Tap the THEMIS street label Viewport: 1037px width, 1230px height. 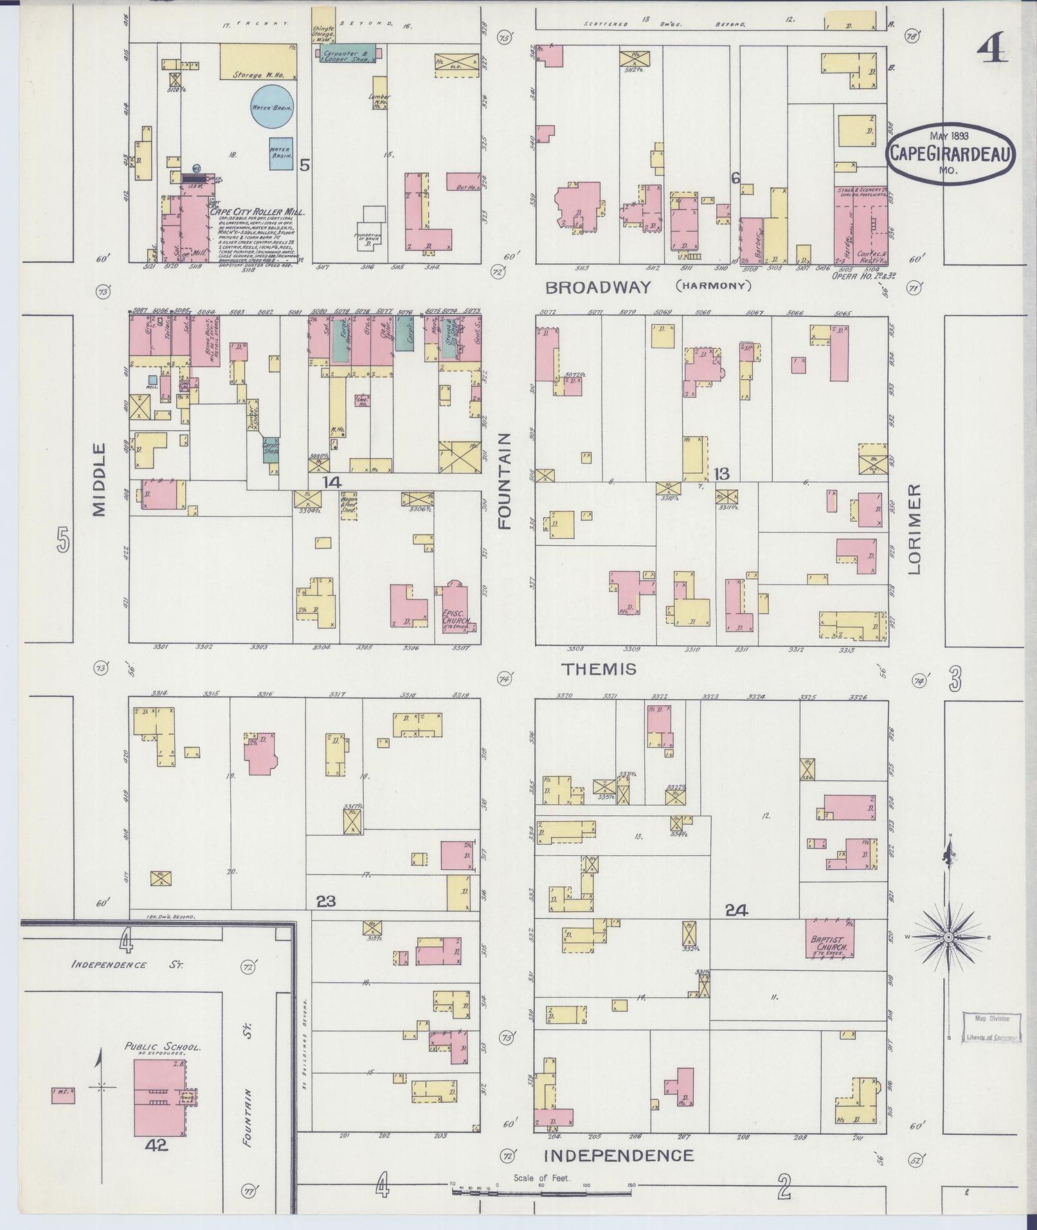599,669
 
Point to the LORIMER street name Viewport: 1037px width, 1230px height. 915,529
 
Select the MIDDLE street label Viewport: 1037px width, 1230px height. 98,479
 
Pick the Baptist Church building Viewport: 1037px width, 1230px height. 830,939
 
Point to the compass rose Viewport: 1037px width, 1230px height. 949,937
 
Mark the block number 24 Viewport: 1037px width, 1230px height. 736,909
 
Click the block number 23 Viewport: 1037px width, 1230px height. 326,901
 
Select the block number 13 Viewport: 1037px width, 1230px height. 721,474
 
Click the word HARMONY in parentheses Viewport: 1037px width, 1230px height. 714,286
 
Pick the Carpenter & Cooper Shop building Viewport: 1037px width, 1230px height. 345,53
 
